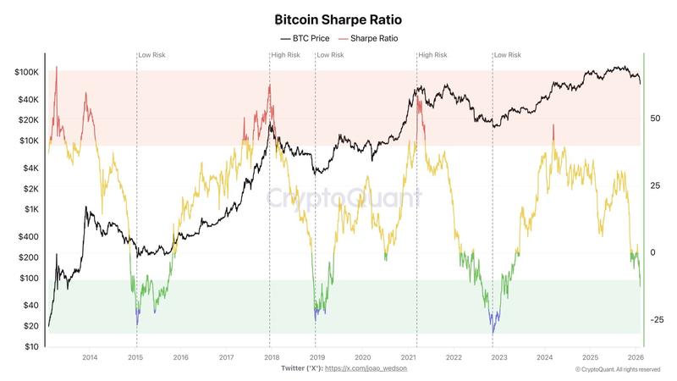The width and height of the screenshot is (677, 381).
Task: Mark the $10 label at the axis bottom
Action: (31, 346)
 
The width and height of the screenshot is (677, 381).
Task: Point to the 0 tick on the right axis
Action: (652, 253)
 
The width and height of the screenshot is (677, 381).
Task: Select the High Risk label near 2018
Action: (285, 55)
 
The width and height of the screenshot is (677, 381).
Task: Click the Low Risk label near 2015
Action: (152, 55)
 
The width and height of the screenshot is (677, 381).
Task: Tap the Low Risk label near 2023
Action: (509, 55)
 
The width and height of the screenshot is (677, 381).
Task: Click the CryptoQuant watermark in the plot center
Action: (344, 198)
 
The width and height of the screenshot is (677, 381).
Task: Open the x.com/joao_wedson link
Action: (371, 369)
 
